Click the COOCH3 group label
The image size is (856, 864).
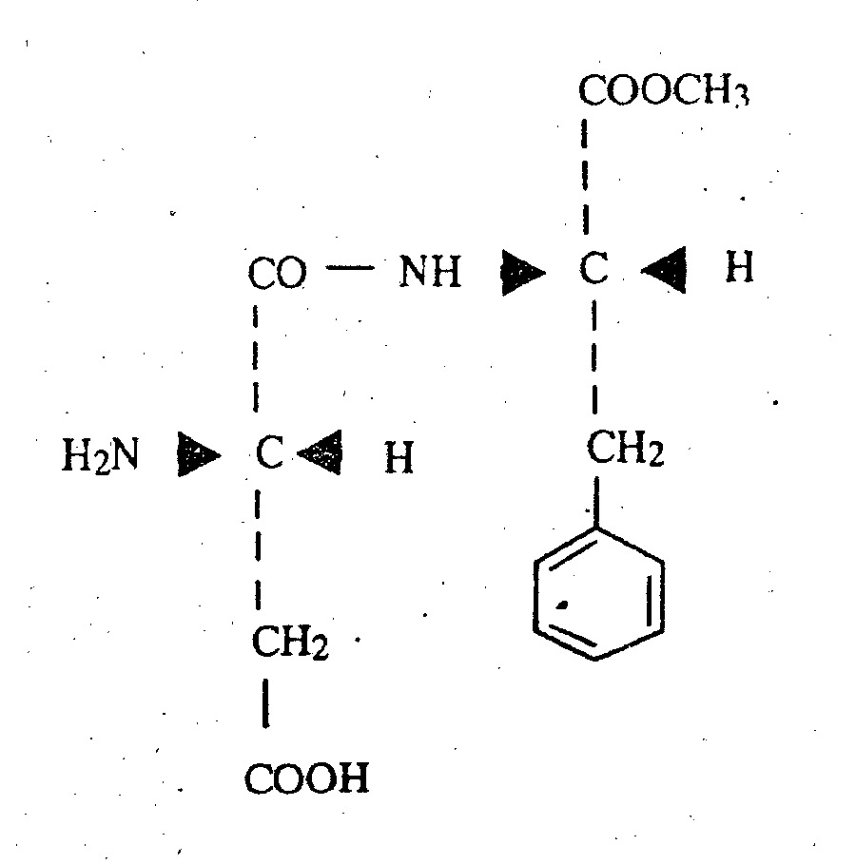[664, 90]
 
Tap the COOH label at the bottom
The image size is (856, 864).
[306, 778]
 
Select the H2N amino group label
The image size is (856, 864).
[101, 455]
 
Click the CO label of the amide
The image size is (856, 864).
[277, 273]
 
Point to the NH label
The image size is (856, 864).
[430, 271]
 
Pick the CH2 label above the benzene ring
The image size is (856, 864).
[625, 448]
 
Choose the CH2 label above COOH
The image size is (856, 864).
[290, 642]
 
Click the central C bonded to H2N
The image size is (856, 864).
[270, 452]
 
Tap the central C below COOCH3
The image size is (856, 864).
[593, 268]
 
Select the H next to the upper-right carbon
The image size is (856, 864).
[739, 267]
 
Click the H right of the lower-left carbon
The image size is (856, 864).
[399, 457]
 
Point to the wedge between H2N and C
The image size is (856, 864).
[199, 454]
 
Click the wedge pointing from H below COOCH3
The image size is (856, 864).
[664, 270]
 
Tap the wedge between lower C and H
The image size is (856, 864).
[320, 452]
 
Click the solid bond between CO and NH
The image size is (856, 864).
[350, 268]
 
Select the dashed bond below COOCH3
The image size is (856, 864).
[585, 177]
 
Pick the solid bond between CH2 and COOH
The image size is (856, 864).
[266, 703]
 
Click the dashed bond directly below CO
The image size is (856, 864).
[255, 358]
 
